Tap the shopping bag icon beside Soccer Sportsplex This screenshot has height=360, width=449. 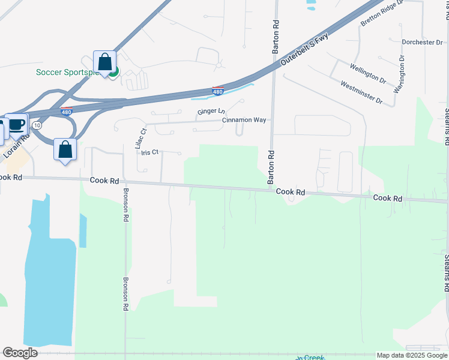point(105,62)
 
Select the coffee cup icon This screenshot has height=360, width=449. point(16,125)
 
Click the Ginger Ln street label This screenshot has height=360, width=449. point(211,112)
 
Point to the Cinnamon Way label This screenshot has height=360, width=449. point(244,120)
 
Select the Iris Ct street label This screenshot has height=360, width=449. point(149,152)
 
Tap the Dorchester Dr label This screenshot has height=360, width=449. point(422,43)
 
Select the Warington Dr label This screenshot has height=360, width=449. point(399,74)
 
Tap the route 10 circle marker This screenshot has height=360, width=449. point(37,125)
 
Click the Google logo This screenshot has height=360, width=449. point(20,352)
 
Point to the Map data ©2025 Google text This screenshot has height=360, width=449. point(411,355)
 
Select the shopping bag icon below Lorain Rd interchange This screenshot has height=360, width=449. point(65,150)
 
